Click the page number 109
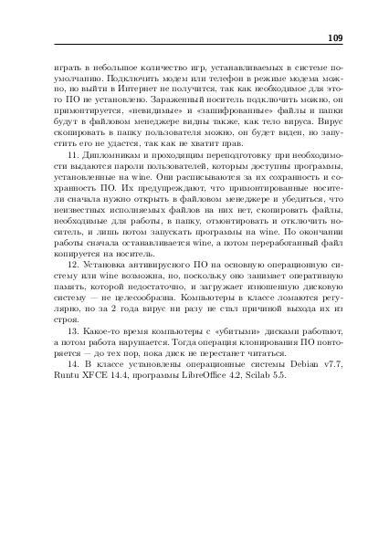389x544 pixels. click(333, 37)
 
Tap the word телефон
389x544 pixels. click(205, 78)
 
